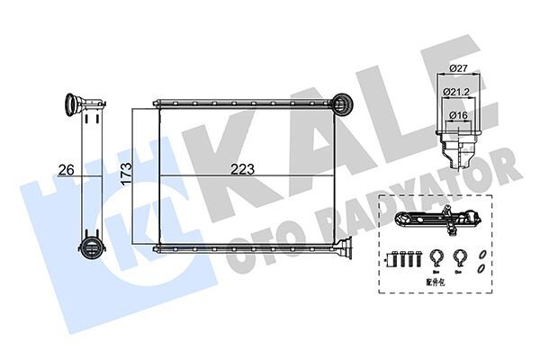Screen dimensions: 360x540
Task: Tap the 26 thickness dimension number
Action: (65, 167)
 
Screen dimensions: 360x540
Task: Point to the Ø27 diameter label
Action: (458, 67)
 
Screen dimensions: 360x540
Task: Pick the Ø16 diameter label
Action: (458, 115)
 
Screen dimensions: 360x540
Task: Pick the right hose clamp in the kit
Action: (459, 257)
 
